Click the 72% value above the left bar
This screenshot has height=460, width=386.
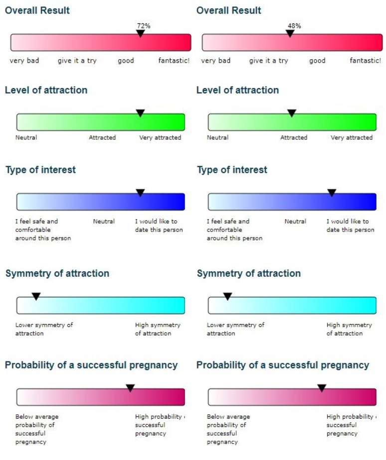[144, 25]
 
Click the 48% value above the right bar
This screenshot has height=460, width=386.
[294, 25]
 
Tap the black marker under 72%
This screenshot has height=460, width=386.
[141, 33]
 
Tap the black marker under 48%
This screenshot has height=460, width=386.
[290, 33]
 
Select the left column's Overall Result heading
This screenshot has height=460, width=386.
[37, 10]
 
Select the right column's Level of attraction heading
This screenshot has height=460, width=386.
[237, 90]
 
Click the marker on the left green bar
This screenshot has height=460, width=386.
[140, 113]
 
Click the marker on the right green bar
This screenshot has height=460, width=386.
[292, 113]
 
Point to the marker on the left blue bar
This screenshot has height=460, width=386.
[140, 193]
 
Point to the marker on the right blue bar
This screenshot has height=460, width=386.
[332, 193]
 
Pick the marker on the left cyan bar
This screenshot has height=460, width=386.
[36, 296]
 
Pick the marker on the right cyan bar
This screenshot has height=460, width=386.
[227, 296]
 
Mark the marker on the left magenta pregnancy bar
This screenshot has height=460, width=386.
[130, 388]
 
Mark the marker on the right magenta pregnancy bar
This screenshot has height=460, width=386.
[322, 388]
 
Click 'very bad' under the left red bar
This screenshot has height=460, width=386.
[24, 61]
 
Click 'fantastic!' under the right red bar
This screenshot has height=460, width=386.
[366, 61]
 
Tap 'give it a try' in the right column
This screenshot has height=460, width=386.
[268, 61]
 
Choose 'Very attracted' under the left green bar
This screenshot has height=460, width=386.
[160, 137]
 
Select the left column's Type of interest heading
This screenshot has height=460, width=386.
[40, 170]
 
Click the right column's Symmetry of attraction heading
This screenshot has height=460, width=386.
[249, 273]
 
